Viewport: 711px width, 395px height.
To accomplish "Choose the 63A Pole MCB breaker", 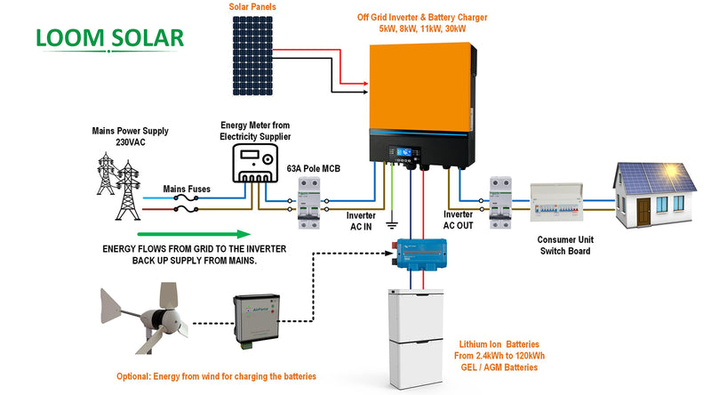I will (308, 201).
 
